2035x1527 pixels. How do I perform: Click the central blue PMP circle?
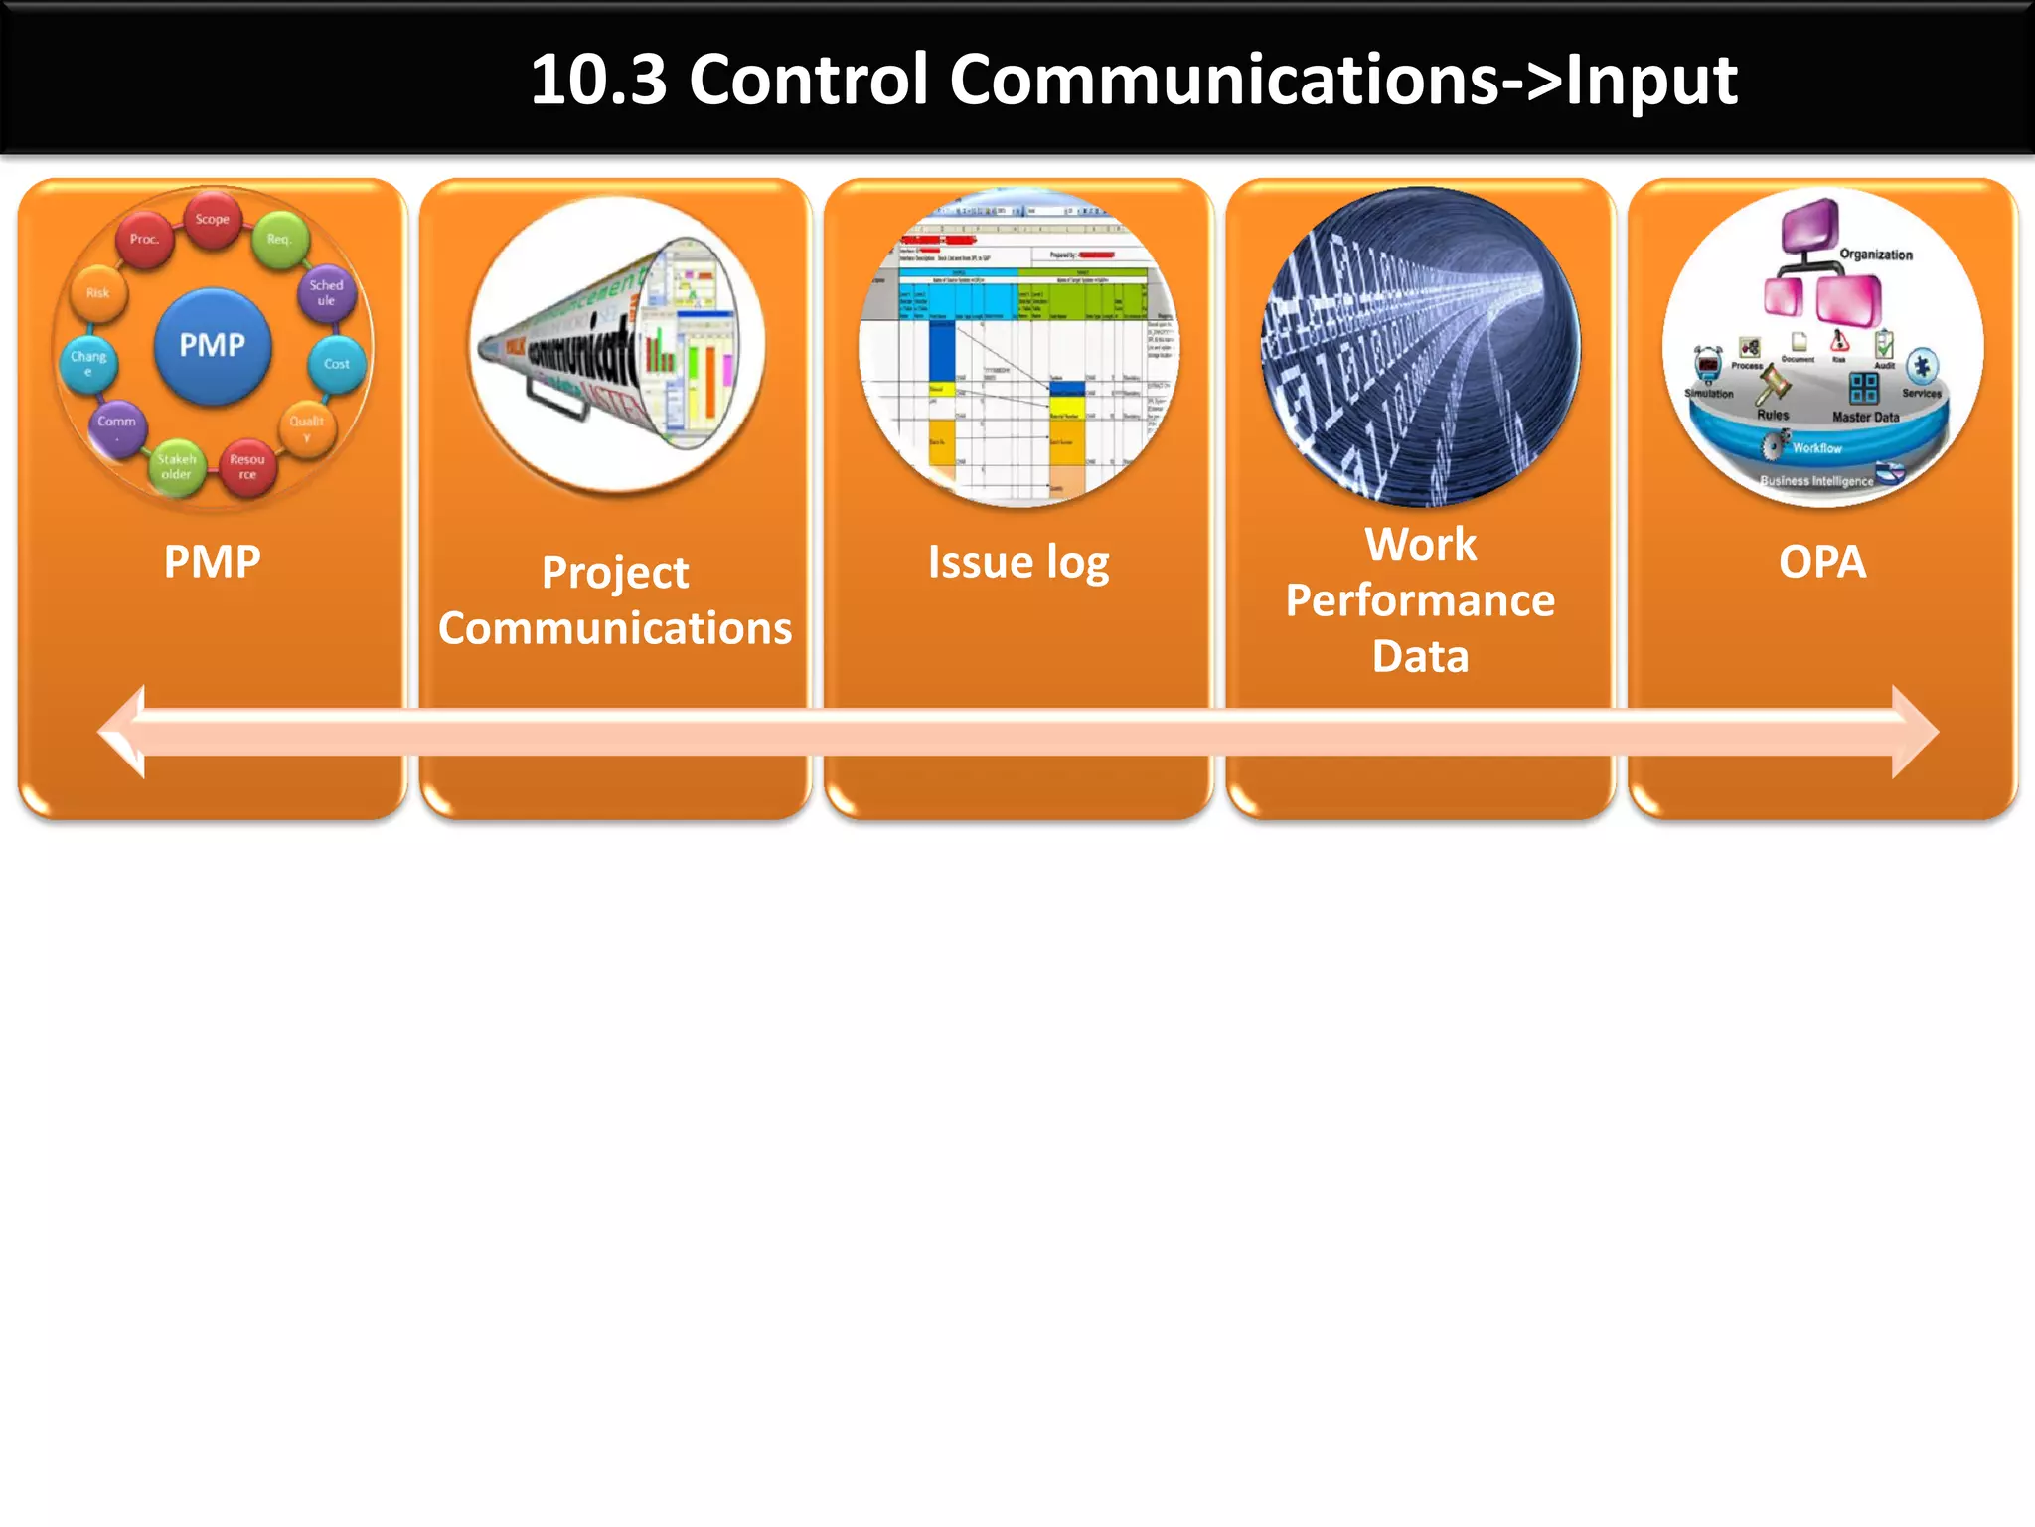(212, 346)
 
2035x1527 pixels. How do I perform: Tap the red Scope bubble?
(212, 219)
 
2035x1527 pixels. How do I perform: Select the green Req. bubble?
(279, 239)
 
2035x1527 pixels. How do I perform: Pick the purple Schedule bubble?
(326, 292)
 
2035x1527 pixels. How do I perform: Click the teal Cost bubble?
(337, 364)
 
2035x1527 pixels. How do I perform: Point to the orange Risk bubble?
(97, 293)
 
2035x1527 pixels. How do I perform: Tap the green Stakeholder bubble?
(176, 466)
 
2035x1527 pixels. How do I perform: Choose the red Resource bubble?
(247, 466)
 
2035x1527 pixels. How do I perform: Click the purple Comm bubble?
(117, 424)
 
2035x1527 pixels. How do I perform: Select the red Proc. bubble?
(144, 239)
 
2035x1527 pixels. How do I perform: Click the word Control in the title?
(809, 80)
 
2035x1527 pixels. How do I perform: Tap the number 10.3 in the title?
(598, 80)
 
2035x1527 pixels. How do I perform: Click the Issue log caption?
(1017, 563)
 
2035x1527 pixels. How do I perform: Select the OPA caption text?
(1821, 563)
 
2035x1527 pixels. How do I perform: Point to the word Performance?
(1420, 600)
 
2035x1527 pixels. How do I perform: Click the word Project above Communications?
(615, 573)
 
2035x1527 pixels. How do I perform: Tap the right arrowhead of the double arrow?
(1914, 732)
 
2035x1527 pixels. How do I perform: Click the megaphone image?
(616, 344)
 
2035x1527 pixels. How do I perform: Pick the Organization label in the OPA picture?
(1875, 254)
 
